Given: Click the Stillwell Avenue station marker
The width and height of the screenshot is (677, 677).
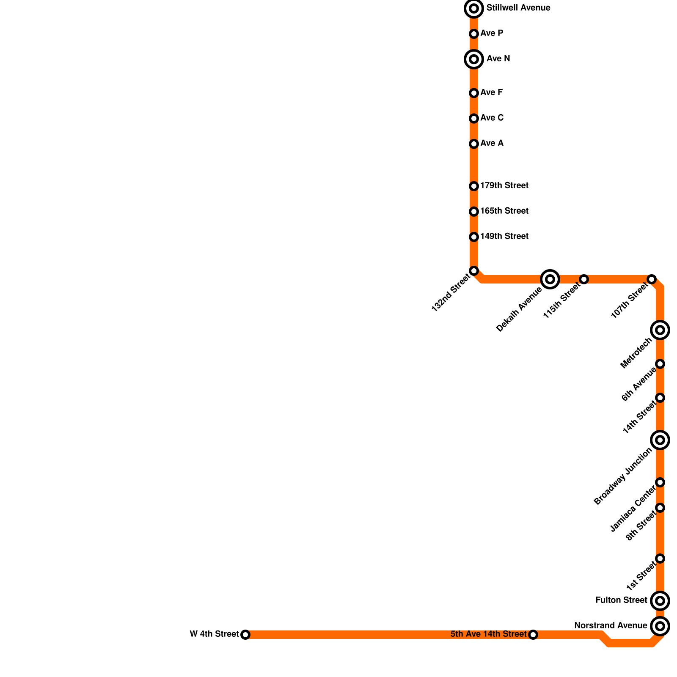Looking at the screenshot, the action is point(474,8).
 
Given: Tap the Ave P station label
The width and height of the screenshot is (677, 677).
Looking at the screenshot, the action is point(492,33).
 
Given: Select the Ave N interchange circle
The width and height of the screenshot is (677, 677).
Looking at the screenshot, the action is point(474,59).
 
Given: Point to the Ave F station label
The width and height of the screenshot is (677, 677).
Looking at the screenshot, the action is point(491,93).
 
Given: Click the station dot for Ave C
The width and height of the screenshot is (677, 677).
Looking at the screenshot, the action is point(474,118).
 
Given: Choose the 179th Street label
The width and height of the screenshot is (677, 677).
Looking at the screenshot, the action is point(504,186).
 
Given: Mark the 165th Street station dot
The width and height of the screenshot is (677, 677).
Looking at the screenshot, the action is point(474,212).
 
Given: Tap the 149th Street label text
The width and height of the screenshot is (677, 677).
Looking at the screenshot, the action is point(504,237).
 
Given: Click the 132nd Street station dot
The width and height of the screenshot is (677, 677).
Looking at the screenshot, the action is point(474,271).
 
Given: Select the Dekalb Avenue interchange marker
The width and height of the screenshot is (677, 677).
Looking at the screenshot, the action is point(550,279).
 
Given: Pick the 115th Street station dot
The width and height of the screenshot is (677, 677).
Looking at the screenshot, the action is point(584,279).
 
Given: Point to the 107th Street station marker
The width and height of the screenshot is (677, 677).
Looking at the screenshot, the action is point(652,279).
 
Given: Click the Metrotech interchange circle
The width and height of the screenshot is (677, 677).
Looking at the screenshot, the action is point(660,330).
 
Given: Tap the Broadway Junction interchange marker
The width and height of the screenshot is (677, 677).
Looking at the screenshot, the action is point(660,440).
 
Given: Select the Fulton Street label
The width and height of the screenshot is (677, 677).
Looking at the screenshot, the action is point(621,600).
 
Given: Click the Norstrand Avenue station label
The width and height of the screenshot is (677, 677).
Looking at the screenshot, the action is point(611,626).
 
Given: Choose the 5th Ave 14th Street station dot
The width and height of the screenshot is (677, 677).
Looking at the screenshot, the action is point(533,635).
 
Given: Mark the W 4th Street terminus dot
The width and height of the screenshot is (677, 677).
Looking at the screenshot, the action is point(245,635).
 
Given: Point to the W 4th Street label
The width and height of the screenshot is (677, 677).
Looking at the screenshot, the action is point(214,634).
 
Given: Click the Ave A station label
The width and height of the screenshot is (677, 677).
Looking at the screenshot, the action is point(492,143).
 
